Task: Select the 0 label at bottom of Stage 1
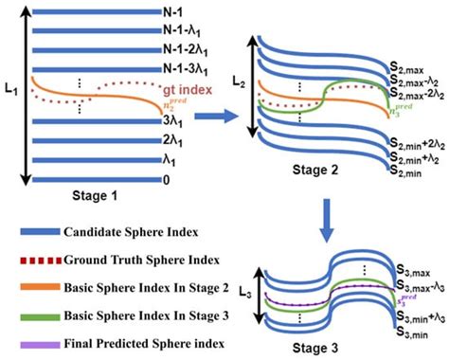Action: (165, 176)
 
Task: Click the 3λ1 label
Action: (171, 121)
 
